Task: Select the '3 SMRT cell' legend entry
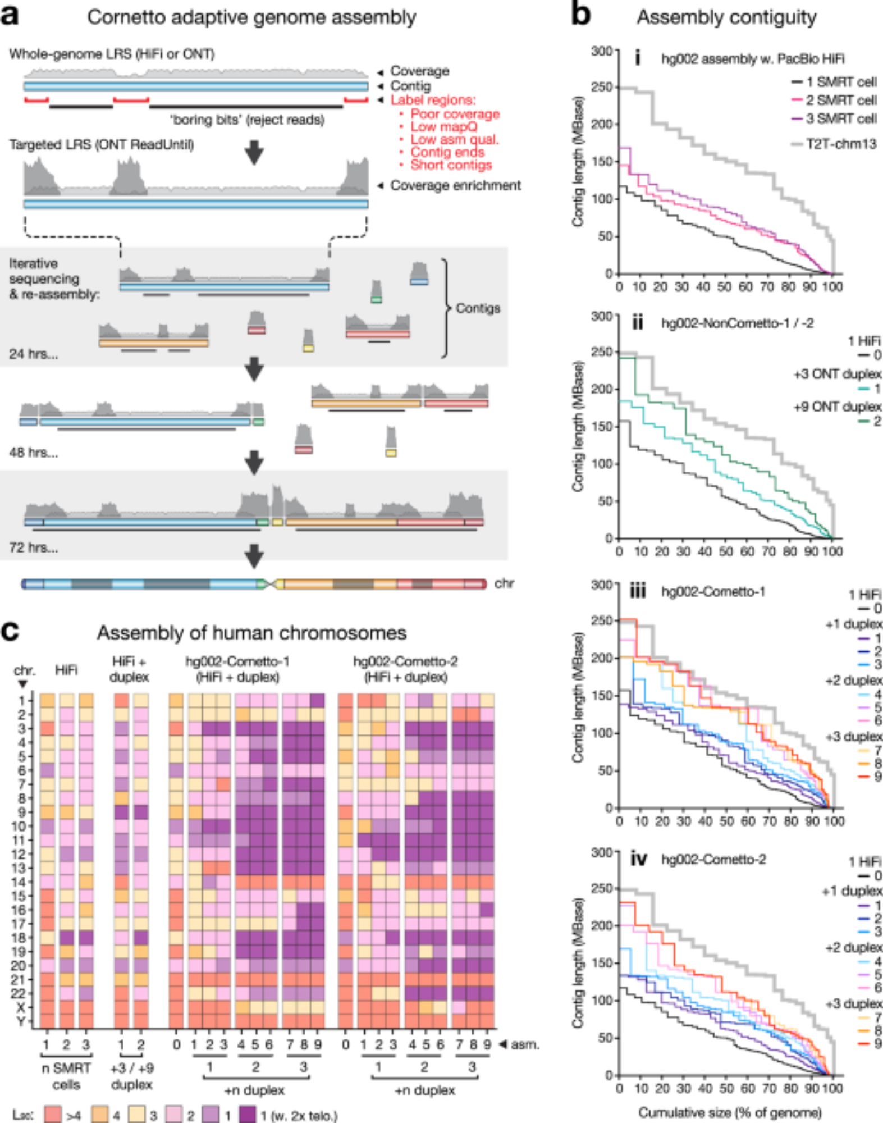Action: [x=841, y=119]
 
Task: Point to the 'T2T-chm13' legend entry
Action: [x=841, y=144]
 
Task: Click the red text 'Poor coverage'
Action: [x=455, y=114]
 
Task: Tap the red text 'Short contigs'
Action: [x=451, y=165]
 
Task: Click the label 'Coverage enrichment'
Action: [x=455, y=186]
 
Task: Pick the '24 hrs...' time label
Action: [x=33, y=354]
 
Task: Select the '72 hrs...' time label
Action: [x=33, y=547]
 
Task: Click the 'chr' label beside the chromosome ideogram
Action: [x=504, y=583]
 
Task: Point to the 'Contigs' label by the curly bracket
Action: [x=478, y=308]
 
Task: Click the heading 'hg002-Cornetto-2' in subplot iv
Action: [x=713, y=860]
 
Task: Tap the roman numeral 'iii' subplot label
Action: [x=638, y=591]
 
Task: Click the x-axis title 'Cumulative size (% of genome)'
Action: [x=729, y=1112]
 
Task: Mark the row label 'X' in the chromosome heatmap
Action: [x=21, y=1007]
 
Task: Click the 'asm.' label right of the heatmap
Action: [x=524, y=1045]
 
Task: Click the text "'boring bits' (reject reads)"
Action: [x=247, y=120]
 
